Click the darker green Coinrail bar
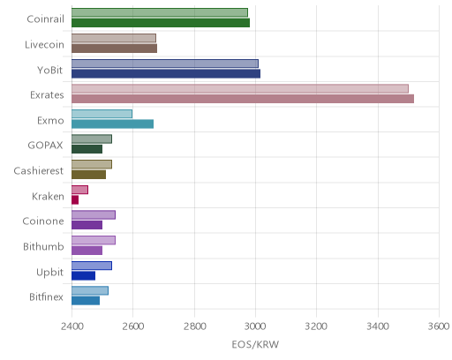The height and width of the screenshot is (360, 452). point(161,23)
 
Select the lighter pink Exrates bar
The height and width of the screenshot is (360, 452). point(240,88)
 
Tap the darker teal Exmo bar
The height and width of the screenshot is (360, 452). point(112,124)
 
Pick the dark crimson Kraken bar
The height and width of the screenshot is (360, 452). point(75,200)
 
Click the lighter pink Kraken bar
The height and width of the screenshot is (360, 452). point(79,190)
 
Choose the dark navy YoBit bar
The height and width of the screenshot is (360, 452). point(166,73)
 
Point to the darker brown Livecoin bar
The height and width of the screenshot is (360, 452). point(114,49)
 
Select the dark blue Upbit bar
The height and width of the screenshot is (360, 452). point(83,275)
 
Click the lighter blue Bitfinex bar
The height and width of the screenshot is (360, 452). point(90,290)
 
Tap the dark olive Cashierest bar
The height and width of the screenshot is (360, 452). point(88,175)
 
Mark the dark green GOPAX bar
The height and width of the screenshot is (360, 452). point(87,149)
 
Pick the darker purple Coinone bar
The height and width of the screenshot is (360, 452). point(87,225)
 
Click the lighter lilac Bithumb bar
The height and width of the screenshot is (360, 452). point(94,240)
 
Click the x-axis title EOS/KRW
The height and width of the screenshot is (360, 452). point(255,344)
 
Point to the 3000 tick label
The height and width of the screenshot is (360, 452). point(255,326)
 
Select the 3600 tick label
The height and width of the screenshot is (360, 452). point(439,326)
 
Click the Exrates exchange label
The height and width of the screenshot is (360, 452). point(47,95)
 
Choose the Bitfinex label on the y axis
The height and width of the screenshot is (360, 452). point(46,297)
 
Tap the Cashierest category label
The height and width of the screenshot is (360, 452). point(39,171)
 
